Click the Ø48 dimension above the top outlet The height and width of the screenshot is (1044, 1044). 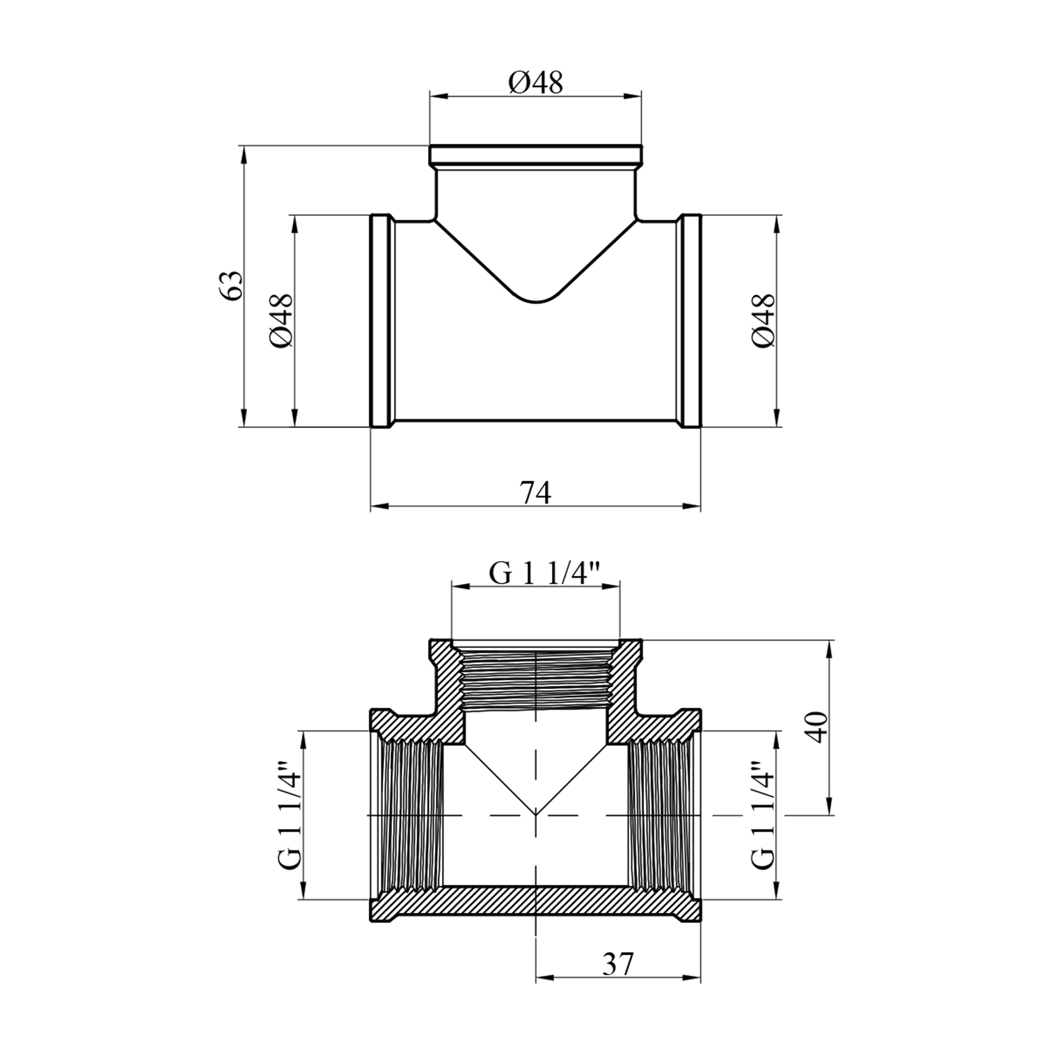[535, 83]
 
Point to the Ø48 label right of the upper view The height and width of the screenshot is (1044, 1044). [762, 321]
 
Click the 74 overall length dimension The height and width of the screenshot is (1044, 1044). [536, 493]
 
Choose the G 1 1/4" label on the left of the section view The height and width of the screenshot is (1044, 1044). [288, 813]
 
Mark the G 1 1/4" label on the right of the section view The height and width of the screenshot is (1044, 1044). [762, 813]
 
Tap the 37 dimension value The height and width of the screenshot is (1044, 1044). [617, 964]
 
